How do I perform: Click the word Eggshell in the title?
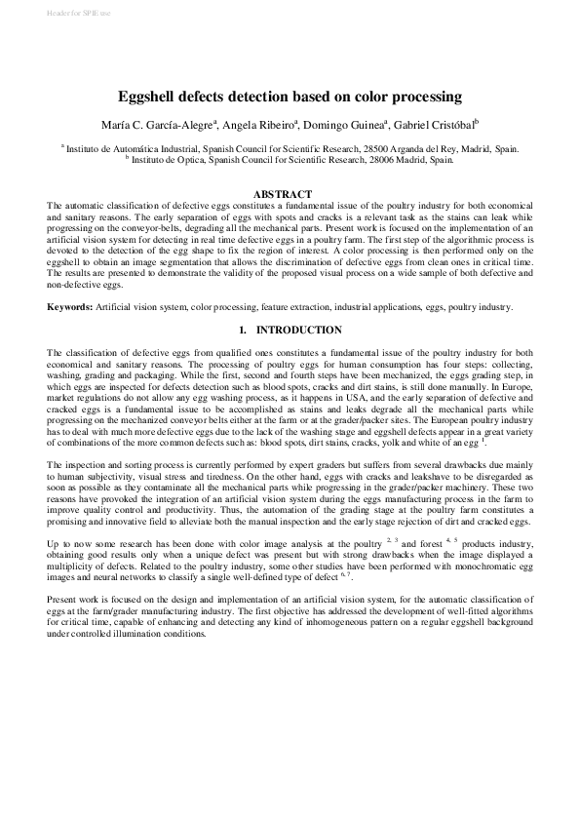pos(147,97)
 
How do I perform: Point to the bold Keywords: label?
pos(70,307)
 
